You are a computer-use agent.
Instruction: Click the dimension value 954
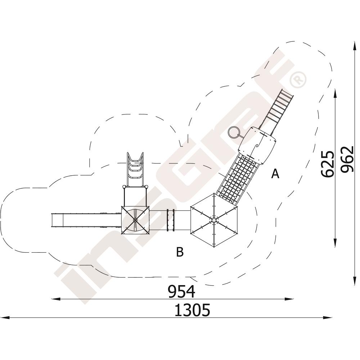point(181,291)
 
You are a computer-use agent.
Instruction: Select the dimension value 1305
point(192,310)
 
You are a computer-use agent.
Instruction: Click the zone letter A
point(275,174)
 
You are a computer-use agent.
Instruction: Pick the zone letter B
point(180,252)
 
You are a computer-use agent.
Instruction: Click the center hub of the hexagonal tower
point(214,220)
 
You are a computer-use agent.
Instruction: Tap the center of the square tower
point(135,220)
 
